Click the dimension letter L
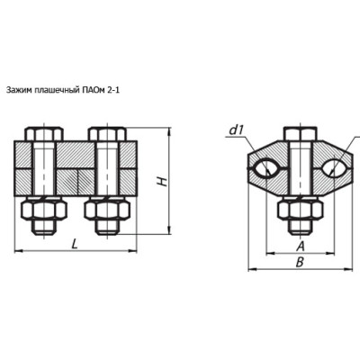coord(75,243)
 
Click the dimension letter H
coord(163,181)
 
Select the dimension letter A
coord(300,247)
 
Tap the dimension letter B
coord(300,262)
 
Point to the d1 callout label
coord(236,130)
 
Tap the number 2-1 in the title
coord(112,90)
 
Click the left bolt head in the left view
coord(44,134)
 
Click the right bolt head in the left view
coord(107,134)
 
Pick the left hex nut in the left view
coord(44,210)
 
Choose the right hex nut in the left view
coord(107,210)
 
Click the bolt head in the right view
coord(301,134)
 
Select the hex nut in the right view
coord(301,210)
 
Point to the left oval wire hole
coord(266,169)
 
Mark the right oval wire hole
coord(335,169)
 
